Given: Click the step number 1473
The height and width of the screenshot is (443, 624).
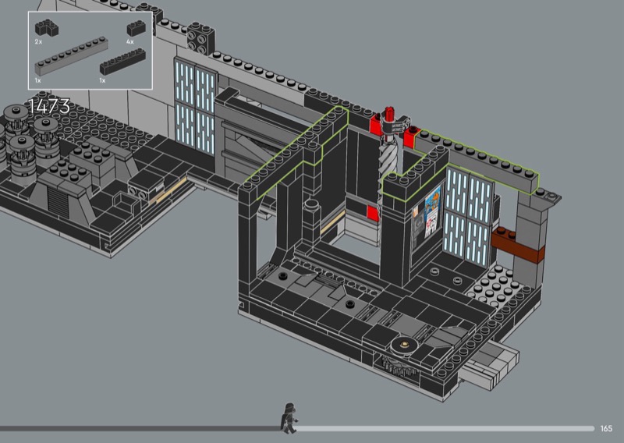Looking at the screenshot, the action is pyautogui.click(x=49, y=106).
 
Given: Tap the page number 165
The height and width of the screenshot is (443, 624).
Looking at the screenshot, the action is pyautogui.click(x=606, y=428).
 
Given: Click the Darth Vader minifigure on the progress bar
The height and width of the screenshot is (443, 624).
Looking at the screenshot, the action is pyautogui.click(x=289, y=418).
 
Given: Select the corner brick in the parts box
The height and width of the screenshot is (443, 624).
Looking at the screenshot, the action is pyautogui.click(x=47, y=28).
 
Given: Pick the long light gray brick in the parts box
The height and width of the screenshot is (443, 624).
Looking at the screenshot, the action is pyautogui.click(x=72, y=56).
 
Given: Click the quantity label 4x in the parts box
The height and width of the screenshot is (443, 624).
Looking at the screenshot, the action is pyautogui.click(x=130, y=41).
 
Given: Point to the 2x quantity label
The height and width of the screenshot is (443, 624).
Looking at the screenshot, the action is pyautogui.click(x=38, y=41).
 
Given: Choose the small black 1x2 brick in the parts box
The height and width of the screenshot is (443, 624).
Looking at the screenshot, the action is pyautogui.click(x=136, y=28).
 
